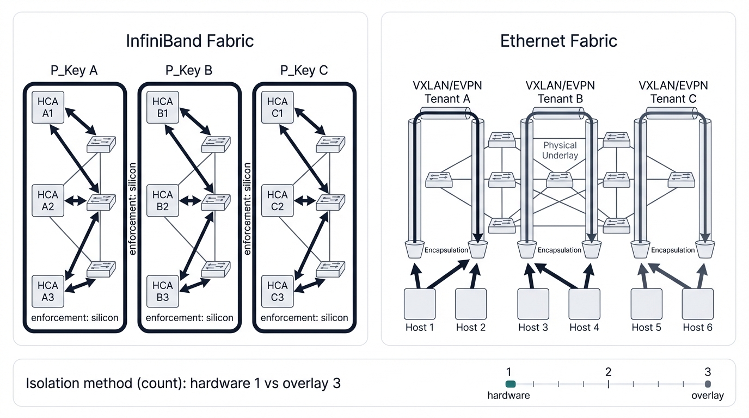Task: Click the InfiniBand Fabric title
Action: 190,41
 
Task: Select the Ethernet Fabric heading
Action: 558,41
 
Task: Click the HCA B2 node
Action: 162,200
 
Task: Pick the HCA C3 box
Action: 277,292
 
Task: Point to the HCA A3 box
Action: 48,292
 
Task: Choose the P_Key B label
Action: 189,71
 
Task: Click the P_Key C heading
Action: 304,71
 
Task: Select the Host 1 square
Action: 420,304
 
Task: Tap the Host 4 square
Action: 584,304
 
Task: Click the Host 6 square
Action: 698,304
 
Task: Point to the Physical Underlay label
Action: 561,151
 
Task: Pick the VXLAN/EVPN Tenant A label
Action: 447,92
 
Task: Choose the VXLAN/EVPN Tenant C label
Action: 673,92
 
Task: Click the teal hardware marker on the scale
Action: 510,384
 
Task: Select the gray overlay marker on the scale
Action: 708,384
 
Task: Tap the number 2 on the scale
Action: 608,372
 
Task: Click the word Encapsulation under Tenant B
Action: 560,250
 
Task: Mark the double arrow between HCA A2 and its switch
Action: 76,200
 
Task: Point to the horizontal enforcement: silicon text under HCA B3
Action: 189,318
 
